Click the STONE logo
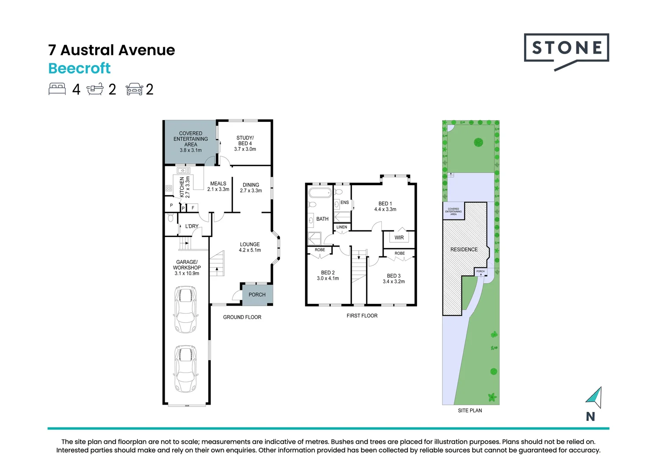click(x=566, y=49)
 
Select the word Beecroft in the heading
click(x=79, y=69)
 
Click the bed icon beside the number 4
click(x=57, y=89)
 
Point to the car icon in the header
click(x=134, y=89)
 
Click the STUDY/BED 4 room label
click(x=245, y=143)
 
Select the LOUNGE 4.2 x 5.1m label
click(x=250, y=247)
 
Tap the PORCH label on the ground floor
click(x=257, y=295)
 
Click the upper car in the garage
click(x=185, y=309)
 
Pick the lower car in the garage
click(x=185, y=369)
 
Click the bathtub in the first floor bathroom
click(x=320, y=193)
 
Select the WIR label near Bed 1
click(x=399, y=237)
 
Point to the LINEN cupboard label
click(x=342, y=227)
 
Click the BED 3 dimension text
click(x=394, y=279)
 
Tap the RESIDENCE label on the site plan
click(x=464, y=249)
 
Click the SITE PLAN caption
click(x=470, y=410)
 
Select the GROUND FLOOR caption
click(x=242, y=317)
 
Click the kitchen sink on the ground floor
click(x=183, y=170)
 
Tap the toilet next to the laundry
click(x=170, y=218)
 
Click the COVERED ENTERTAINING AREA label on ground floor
click(x=191, y=142)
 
